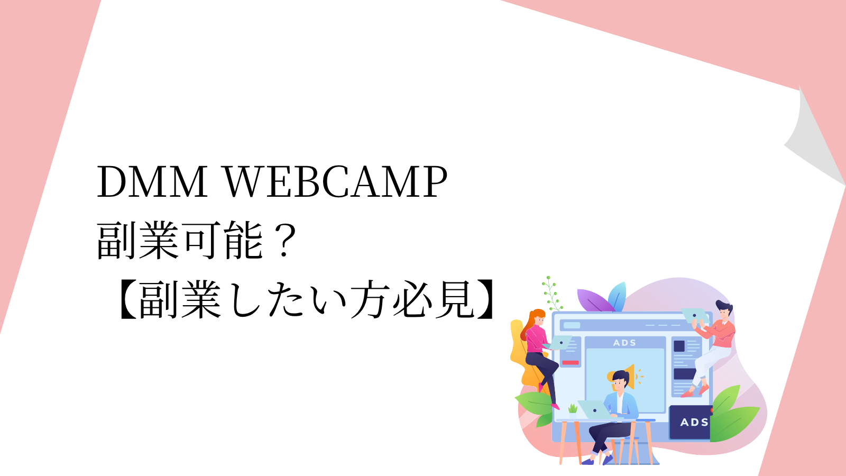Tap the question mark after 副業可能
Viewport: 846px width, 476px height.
[x=284, y=241]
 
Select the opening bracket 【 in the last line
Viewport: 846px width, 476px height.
[x=128, y=299]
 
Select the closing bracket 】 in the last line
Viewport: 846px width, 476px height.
[x=484, y=299]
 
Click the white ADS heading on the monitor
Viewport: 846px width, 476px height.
[x=624, y=343]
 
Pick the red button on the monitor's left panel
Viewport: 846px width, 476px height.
[x=571, y=363]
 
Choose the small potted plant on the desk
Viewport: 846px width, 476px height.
[x=573, y=410]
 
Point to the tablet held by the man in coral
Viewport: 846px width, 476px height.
[x=695, y=316]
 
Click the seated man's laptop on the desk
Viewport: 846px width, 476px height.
[x=594, y=409]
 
